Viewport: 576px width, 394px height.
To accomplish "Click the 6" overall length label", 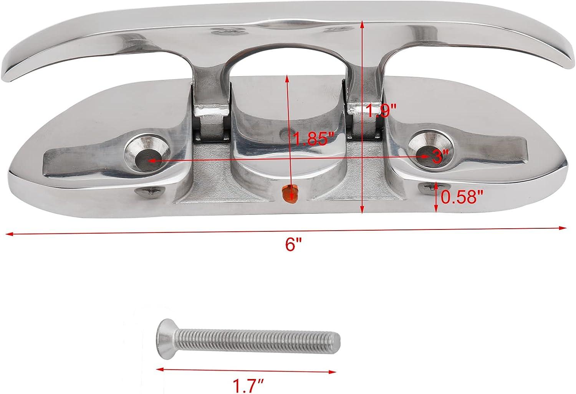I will [294, 245].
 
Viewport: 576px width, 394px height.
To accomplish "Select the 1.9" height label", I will [380, 111].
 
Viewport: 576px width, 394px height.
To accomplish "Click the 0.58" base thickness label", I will [461, 198].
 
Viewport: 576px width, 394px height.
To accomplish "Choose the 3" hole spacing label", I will [440, 156].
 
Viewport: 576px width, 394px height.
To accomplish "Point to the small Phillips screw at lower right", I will [427, 187].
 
